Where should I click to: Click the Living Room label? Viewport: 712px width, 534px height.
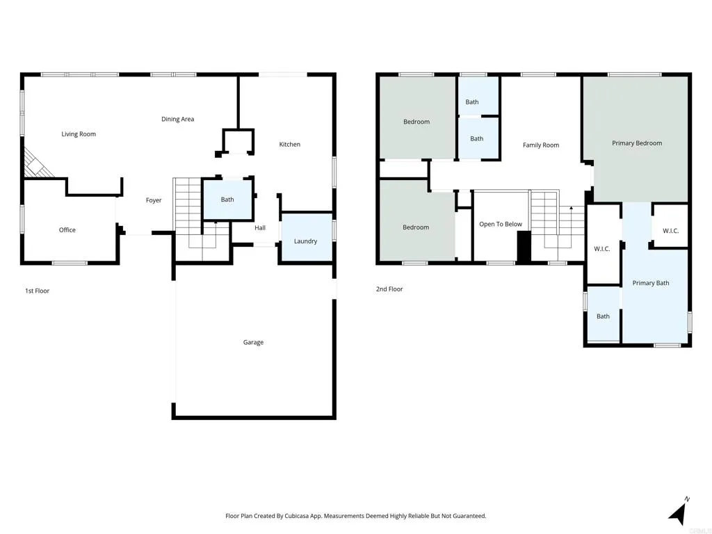coord(79,134)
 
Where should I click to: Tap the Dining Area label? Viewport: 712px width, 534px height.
coord(177,119)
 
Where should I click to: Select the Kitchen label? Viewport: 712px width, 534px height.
coord(289,145)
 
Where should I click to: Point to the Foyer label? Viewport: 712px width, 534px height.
coord(154,200)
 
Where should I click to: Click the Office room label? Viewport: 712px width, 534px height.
coord(67,230)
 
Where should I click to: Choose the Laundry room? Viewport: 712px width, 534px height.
coord(305,241)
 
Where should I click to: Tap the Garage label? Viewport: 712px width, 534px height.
coord(253,342)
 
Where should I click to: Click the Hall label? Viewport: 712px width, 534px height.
coord(260,227)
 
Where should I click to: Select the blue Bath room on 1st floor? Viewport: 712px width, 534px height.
coord(227,200)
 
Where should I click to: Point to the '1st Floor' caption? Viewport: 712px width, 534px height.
coord(37,291)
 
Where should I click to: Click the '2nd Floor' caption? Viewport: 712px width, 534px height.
coord(389,289)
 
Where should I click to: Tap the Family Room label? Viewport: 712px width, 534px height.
coord(541,145)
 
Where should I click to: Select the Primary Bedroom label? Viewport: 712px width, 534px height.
coord(637,143)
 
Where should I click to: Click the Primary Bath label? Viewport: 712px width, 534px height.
coord(651,283)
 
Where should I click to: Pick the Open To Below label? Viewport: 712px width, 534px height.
coord(501,224)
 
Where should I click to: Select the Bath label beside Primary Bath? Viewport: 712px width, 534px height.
coord(603,316)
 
